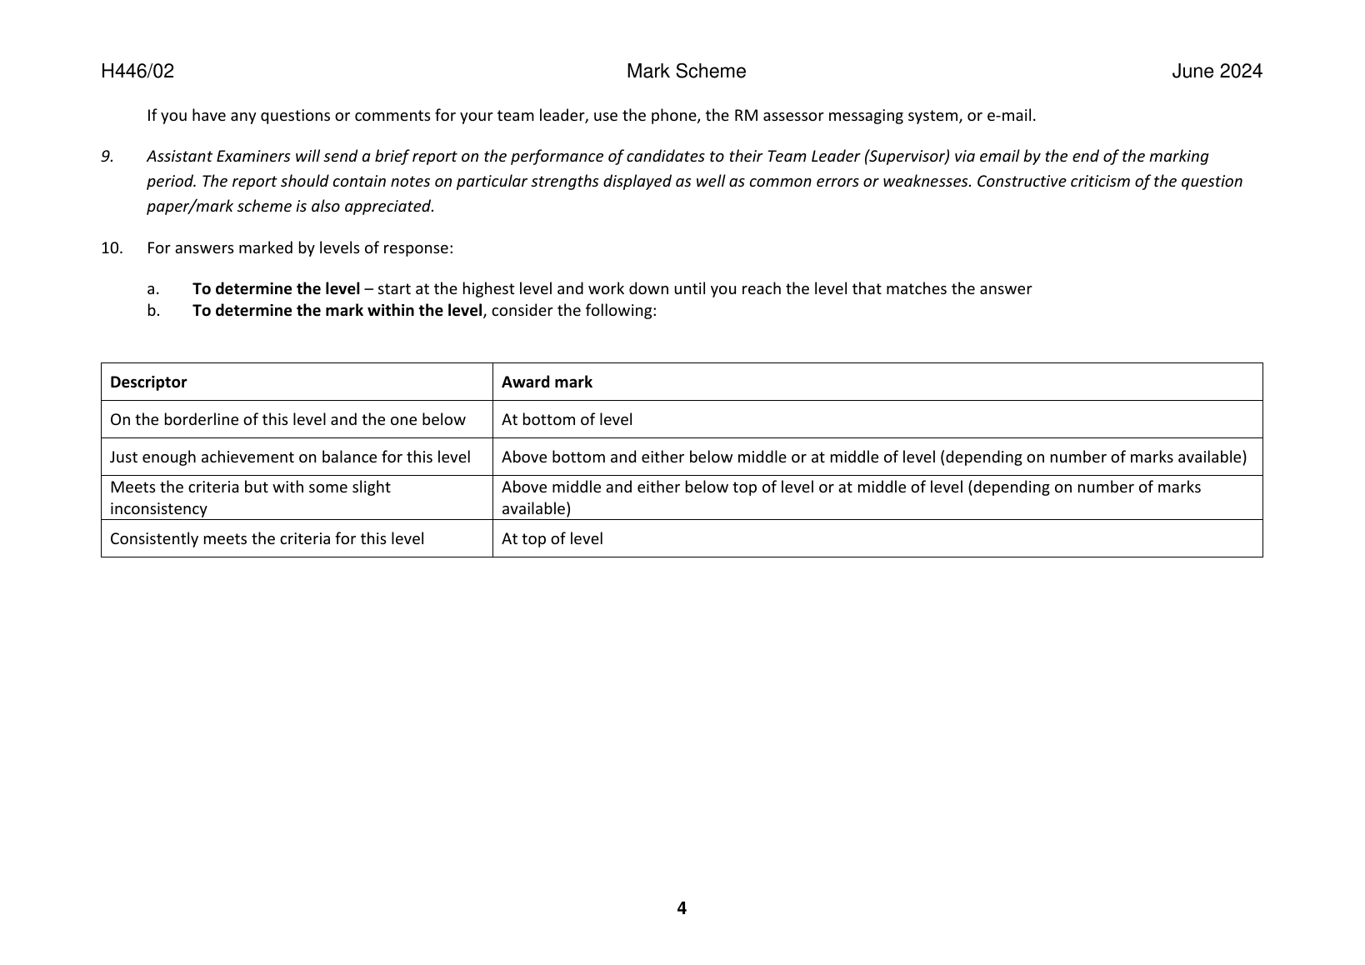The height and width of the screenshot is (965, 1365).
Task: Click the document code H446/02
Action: coord(137,72)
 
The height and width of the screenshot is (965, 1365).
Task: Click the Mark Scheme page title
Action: coord(686,72)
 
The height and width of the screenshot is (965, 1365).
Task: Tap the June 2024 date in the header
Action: coord(1217,72)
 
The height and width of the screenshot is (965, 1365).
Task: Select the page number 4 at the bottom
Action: coord(682,908)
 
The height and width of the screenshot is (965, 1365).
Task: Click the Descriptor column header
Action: coord(148,382)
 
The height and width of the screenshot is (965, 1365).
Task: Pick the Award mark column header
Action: coord(547,382)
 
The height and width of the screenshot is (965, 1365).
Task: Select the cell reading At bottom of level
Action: coord(567,419)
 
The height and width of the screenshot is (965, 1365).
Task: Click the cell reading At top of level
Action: coord(552,538)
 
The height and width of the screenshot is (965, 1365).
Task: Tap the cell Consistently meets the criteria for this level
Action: coord(267,538)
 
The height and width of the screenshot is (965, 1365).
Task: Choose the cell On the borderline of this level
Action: coord(287,419)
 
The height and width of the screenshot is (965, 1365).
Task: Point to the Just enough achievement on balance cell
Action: coord(290,457)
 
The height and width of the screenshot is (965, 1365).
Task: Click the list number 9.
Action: coord(107,156)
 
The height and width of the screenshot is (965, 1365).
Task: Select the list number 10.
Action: coord(112,247)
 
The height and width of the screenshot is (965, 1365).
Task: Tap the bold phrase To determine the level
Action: coord(276,288)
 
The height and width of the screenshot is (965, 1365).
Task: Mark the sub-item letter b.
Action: coord(152,310)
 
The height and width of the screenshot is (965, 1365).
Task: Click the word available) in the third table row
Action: coord(536,508)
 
